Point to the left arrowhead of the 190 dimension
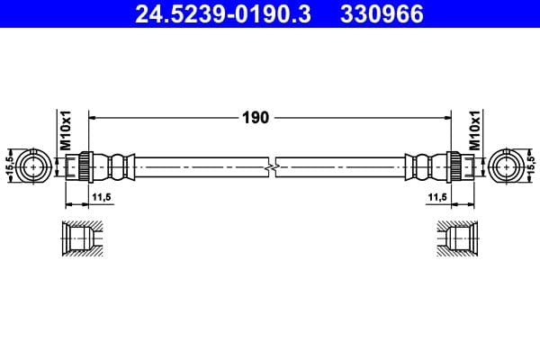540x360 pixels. click(94, 117)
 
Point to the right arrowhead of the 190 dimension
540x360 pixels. click(445, 117)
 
